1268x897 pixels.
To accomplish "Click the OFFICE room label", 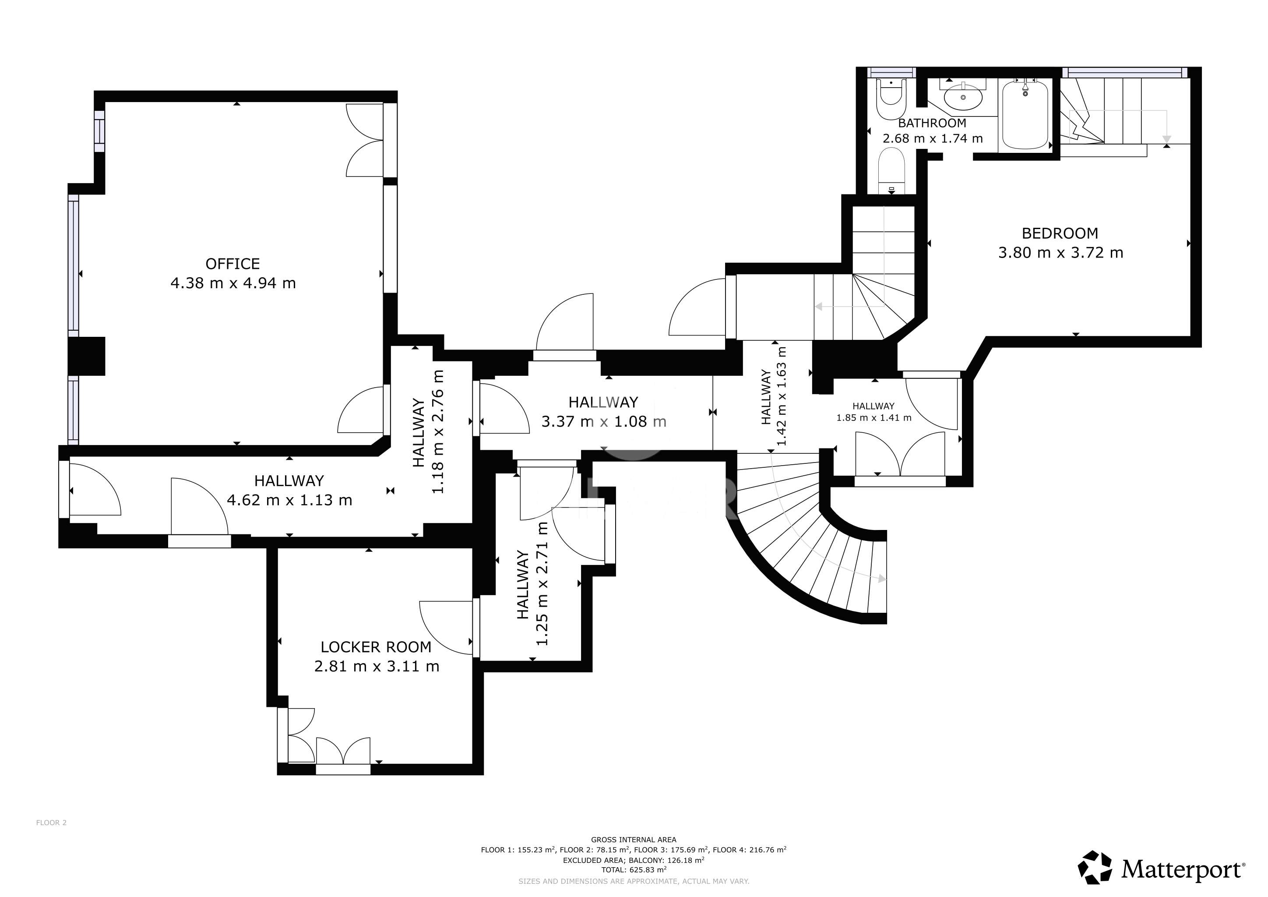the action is coord(232,264).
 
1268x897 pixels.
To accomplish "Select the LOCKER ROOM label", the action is coord(376,647).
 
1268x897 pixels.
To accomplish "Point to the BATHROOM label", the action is coord(932,123).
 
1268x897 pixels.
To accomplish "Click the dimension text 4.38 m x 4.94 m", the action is coord(233,283).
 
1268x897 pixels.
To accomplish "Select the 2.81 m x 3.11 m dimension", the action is coord(377,667).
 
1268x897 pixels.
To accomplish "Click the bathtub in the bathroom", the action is coord(1025,115).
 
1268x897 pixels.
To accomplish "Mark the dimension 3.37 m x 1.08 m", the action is coord(604,422).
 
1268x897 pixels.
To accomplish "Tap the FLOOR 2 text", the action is coord(51,823).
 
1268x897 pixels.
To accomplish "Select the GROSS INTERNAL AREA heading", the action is coord(634,840).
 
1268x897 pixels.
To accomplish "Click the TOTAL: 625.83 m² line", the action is coord(634,869).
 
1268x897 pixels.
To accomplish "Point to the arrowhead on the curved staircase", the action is coord(882,579).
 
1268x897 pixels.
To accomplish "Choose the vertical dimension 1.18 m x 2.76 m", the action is coord(429,432).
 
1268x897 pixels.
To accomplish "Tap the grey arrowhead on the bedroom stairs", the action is coord(1166,139).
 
